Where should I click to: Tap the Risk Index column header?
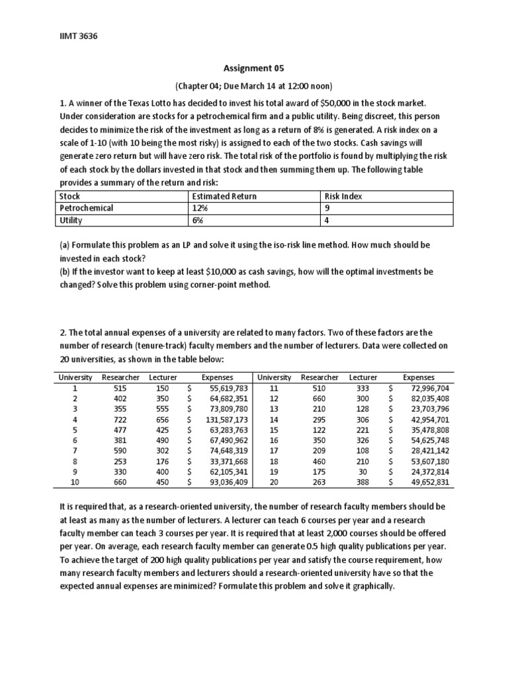point(343,196)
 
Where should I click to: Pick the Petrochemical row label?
point(86,208)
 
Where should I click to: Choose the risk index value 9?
point(327,208)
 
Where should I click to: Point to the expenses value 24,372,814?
point(429,471)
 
